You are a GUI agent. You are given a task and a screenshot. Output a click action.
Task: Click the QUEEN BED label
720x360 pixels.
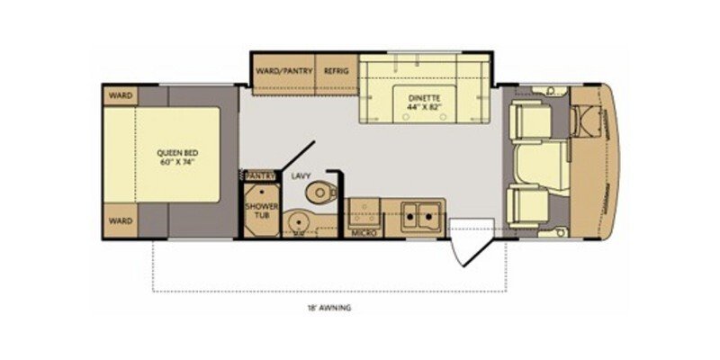[x=176, y=154]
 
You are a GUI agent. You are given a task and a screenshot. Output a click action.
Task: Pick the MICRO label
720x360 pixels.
[x=364, y=232]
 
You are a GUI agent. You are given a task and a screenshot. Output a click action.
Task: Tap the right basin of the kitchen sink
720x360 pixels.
[x=430, y=213]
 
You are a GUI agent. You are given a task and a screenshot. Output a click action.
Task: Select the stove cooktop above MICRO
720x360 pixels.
[x=364, y=211]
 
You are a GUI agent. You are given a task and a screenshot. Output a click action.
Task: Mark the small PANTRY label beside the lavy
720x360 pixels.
[x=258, y=176]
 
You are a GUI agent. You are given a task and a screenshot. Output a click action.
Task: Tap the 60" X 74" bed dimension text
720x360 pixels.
[x=176, y=165]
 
